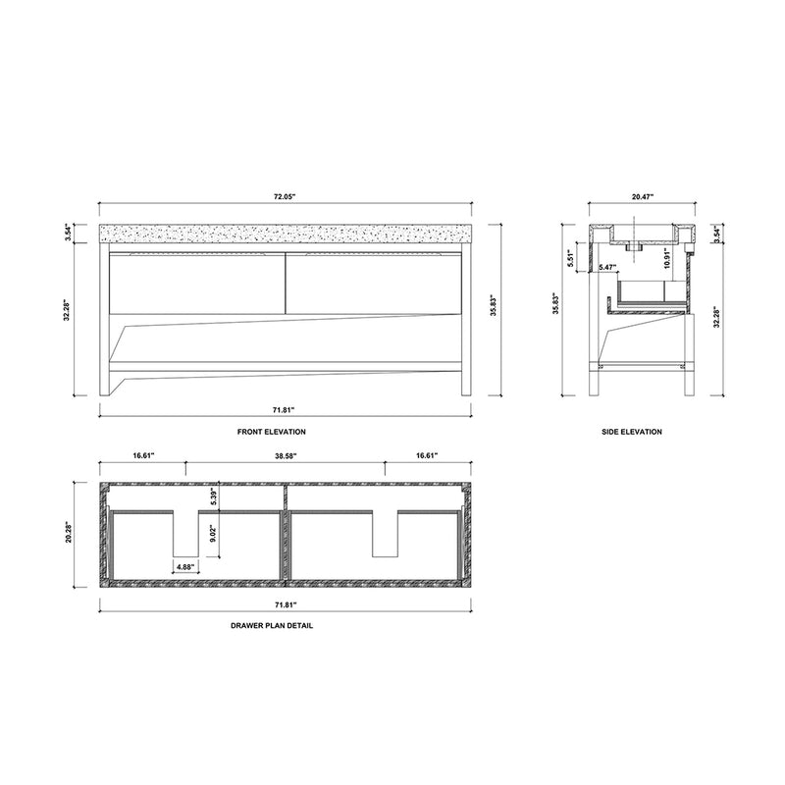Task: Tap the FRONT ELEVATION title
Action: tap(286, 431)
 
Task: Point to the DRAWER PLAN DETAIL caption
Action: tap(286, 625)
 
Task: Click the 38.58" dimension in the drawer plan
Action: tap(286, 456)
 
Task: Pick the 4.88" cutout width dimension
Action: tap(186, 566)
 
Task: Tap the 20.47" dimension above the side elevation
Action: tap(642, 197)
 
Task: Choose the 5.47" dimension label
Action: tap(607, 267)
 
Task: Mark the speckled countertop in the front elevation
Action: tap(286, 235)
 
